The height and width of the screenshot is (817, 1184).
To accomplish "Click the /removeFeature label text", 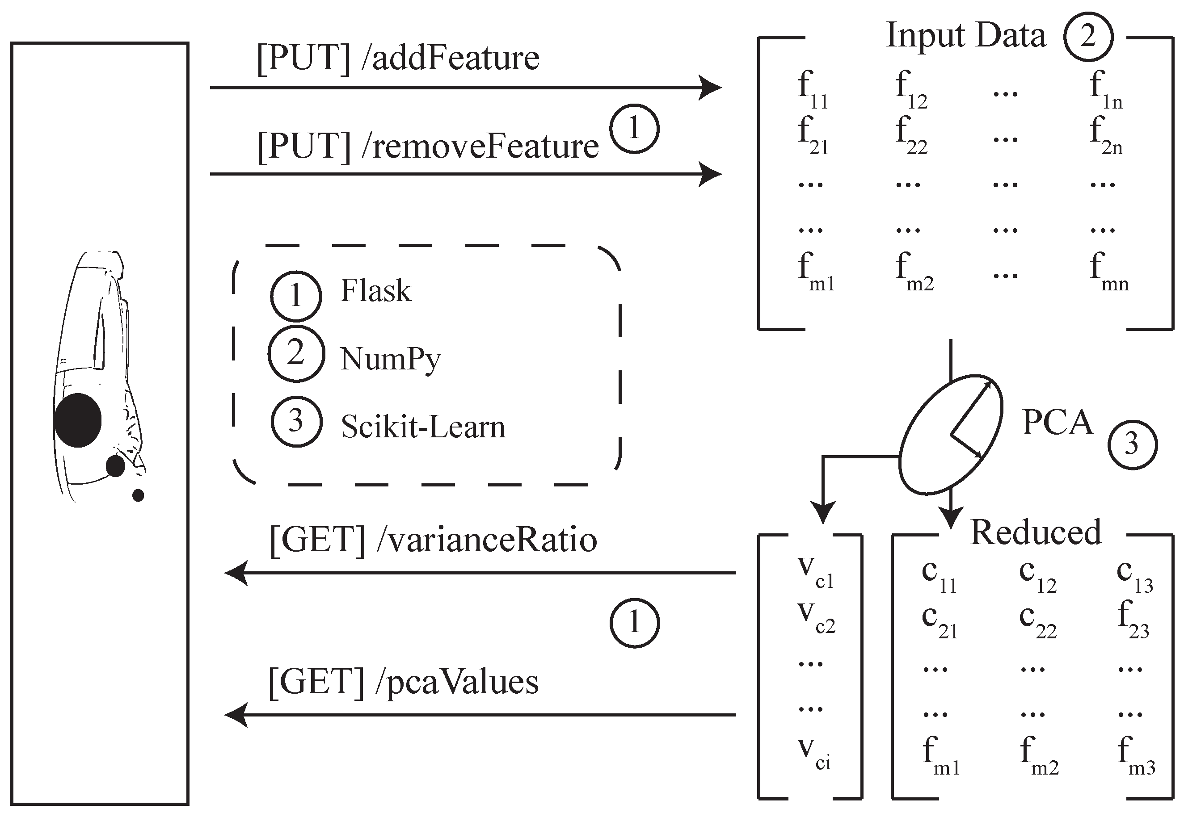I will pyautogui.click(x=480, y=147).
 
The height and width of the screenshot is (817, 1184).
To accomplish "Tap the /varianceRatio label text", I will pyautogui.click(x=486, y=540).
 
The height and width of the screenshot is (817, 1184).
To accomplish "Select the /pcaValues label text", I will pyautogui.click(x=456, y=682).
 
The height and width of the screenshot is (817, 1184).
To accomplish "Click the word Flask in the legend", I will pyautogui.click(x=376, y=291).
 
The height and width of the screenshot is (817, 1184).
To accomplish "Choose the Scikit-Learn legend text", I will pyautogui.click(x=423, y=427).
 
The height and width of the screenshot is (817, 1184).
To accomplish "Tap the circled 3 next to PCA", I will pyautogui.click(x=1132, y=444).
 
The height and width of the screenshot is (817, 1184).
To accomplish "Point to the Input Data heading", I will pyautogui.click(x=966, y=35).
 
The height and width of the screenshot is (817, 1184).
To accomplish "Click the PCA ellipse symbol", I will pyautogui.click(x=951, y=435).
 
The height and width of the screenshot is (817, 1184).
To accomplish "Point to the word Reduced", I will pyautogui.click(x=1036, y=532).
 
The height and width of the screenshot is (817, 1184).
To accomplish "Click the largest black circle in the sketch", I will pyautogui.click(x=78, y=420).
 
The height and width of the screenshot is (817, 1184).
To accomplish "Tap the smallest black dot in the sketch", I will pyautogui.click(x=138, y=495).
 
